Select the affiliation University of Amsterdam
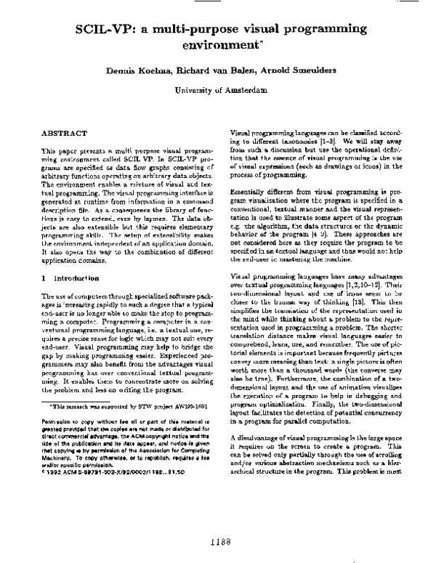click(217, 90)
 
